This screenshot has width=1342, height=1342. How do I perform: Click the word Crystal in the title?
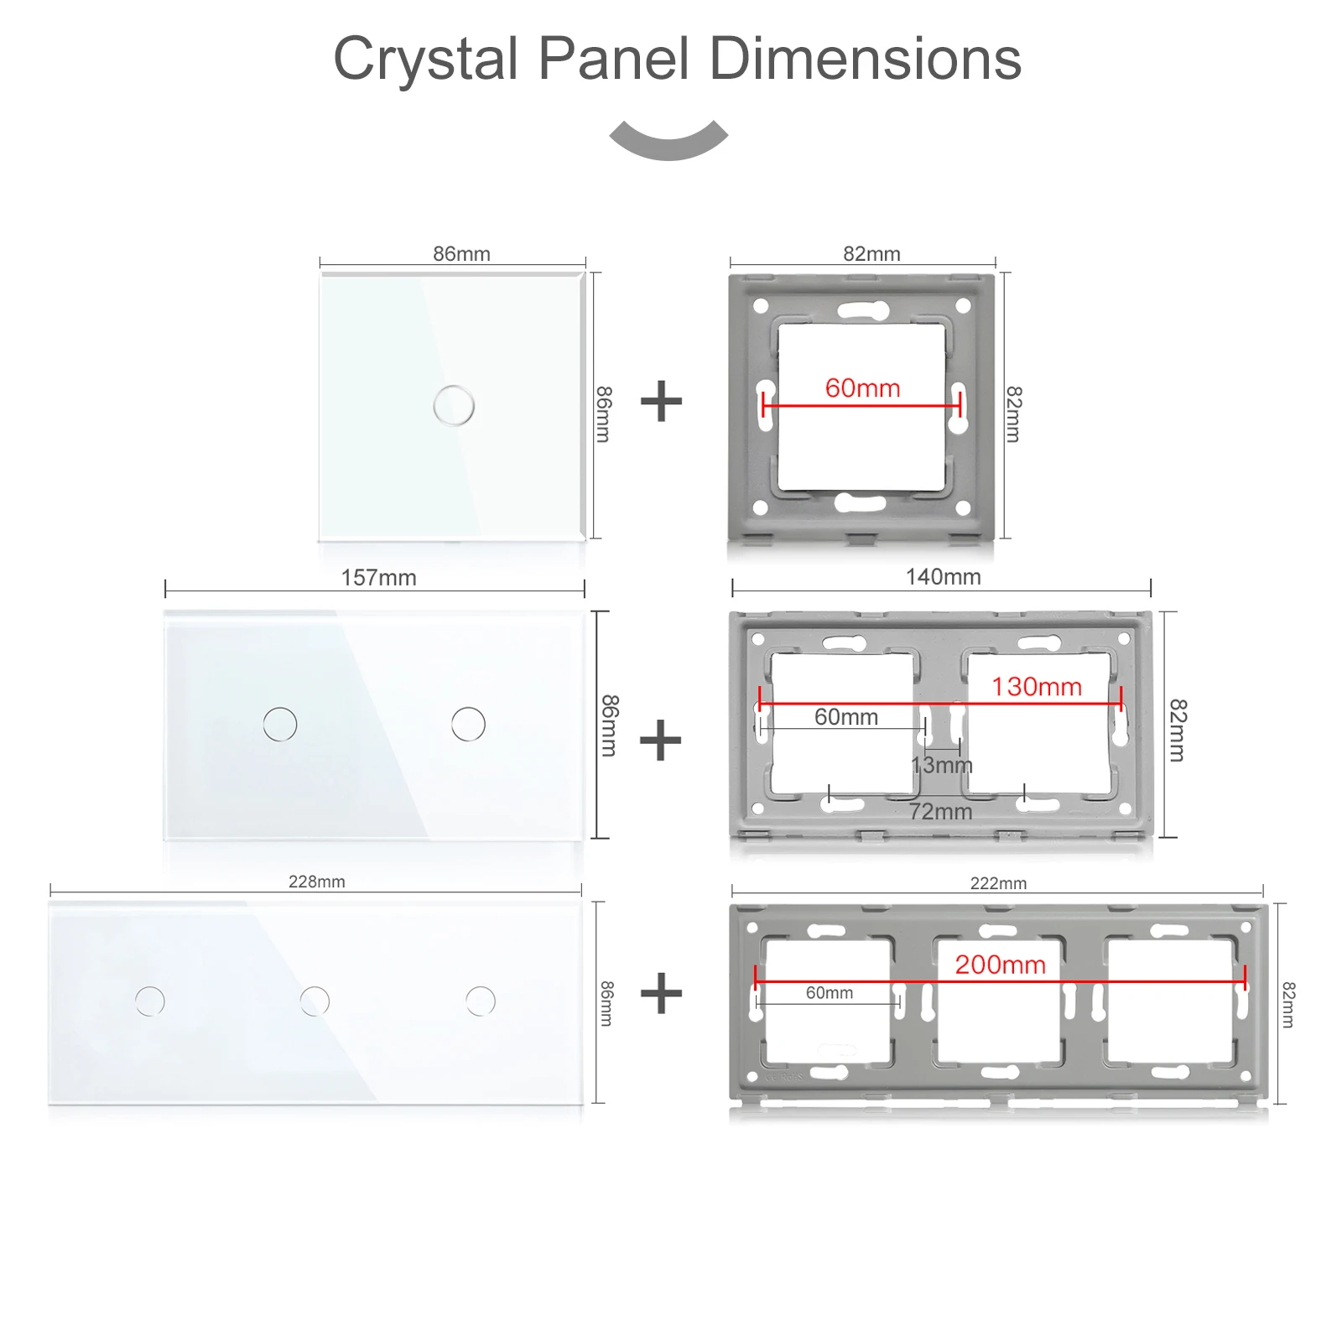426,60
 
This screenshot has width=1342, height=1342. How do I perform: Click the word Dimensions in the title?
865,59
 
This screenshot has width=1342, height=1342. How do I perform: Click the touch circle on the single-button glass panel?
454,405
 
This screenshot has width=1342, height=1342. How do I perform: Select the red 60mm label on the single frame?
862,388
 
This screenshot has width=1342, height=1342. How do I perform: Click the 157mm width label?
378,577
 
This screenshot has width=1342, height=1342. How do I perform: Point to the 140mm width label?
943,576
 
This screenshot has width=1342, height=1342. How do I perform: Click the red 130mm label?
1037,687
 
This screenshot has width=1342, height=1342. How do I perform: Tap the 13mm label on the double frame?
942,765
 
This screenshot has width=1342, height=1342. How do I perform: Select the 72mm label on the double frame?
941,811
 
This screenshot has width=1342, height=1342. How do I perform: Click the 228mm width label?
316,882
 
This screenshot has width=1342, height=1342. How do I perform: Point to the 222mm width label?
998,883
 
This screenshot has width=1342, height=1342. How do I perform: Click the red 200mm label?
1000,965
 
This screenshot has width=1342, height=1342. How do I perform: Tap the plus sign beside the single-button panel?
661,401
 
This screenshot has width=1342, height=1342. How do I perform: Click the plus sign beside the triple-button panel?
661,993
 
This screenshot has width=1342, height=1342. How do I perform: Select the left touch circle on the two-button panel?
280,724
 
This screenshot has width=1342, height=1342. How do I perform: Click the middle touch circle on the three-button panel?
315,1001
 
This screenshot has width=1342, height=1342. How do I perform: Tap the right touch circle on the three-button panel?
481,1001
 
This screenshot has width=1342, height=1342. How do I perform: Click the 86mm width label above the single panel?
461,253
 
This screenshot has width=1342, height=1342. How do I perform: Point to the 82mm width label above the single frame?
871,253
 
